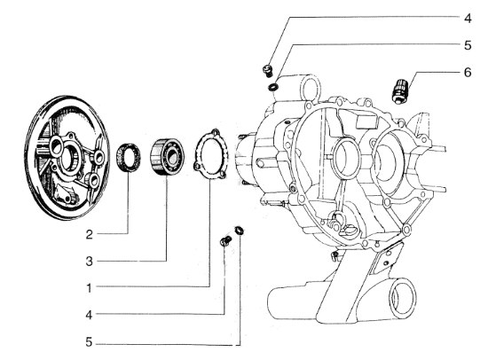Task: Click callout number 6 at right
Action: tap(468, 73)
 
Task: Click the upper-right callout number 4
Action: tap(468, 19)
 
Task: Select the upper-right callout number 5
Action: tap(468, 45)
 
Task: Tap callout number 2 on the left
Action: tap(90, 234)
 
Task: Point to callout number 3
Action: tap(90, 262)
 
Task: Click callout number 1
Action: tap(90, 288)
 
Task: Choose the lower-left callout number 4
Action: tap(89, 315)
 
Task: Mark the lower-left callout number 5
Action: tap(90, 342)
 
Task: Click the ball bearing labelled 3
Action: tap(167, 157)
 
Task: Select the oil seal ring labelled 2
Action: tap(129, 158)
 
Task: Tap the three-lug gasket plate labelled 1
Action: tap(209, 154)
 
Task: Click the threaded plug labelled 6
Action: tap(398, 90)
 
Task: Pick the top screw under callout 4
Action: tap(267, 71)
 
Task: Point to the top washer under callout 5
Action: tap(273, 88)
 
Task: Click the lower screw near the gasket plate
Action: tap(226, 241)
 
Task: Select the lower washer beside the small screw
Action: tap(240, 231)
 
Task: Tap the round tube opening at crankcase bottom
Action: tap(402, 298)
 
